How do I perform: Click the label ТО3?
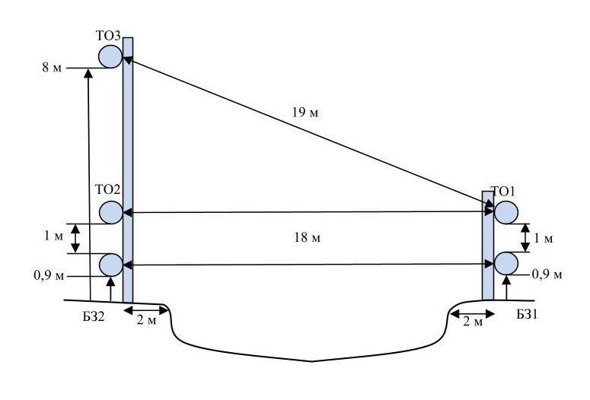(108, 36)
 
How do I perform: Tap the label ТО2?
(107, 190)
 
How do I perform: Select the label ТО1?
(502, 192)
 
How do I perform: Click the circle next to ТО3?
(110, 56)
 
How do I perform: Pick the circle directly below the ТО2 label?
(111, 212)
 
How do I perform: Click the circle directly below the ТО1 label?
(505, 212)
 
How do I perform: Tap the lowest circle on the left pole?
(111, 265)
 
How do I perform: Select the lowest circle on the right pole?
(505, 264)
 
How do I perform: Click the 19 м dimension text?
(305, 113)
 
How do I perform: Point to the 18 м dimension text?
(308, 237)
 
